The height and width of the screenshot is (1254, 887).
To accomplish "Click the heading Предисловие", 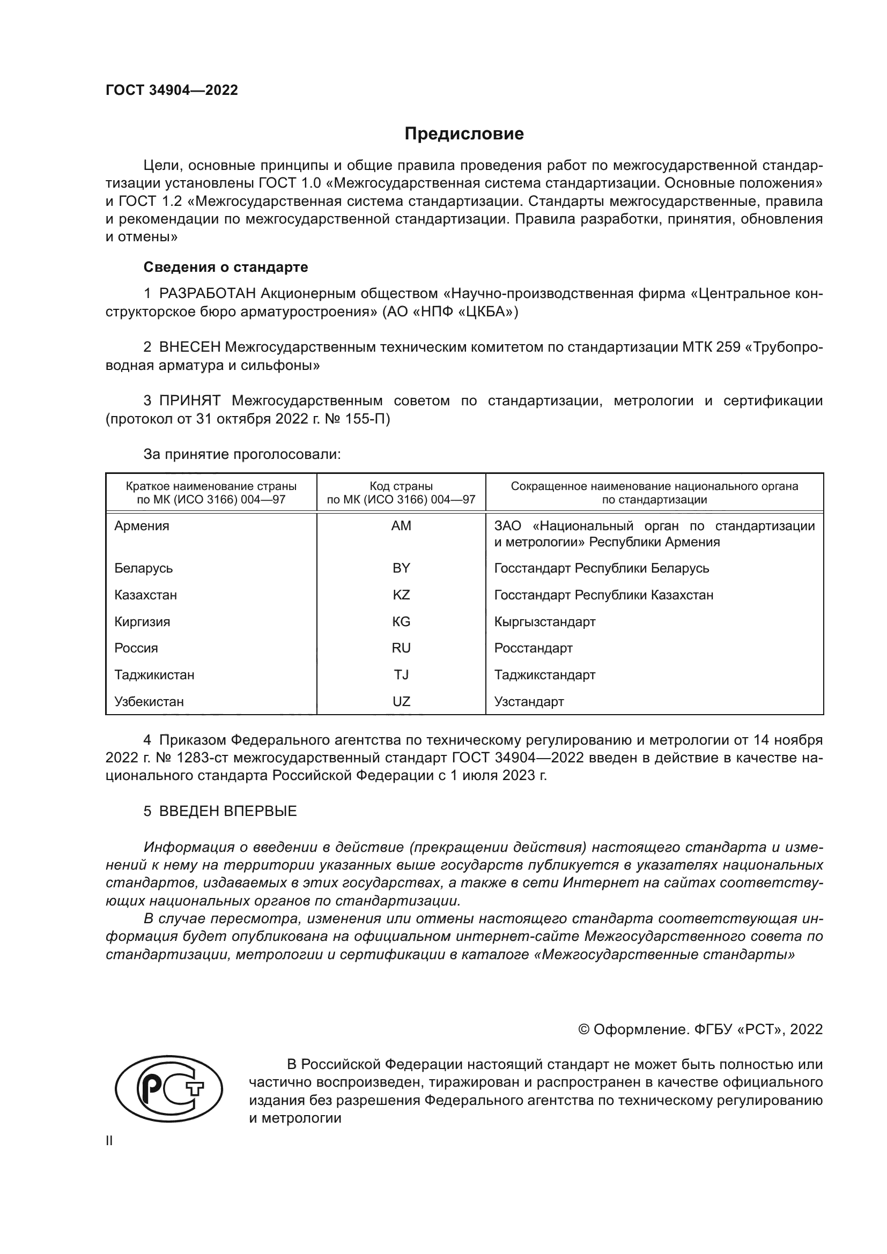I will tap(464, 134).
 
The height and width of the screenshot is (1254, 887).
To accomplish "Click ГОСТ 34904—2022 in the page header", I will tap(172, 90).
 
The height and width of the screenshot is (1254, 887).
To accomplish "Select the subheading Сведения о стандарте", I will tap(226, 267).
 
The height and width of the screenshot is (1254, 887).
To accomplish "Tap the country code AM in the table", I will tap(401, 526).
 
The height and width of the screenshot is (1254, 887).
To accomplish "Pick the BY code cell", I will tap(401, 568).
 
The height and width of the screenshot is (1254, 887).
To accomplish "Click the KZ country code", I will tap(401, 595).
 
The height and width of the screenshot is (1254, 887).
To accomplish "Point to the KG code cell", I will tap(401, 621).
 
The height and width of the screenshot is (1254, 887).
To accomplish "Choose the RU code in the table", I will tap(401, 648).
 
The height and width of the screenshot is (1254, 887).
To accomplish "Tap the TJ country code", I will tap(401, 674).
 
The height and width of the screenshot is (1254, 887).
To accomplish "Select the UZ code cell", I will tap(401, 701).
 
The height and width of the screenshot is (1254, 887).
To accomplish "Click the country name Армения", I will tap(142, 526).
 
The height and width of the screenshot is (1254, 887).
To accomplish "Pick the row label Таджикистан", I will tap(154, 674).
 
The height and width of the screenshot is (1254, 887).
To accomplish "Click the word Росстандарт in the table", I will tap(533, 648).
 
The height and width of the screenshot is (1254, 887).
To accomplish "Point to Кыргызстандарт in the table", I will tap(544, 621).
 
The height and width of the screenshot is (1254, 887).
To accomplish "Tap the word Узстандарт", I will tap(529, 701).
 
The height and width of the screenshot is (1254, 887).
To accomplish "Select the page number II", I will tap(109, 1140).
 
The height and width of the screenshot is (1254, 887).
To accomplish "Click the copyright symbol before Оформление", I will tap(583, 1029).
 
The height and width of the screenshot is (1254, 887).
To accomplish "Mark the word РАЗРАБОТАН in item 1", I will tap(208, 294).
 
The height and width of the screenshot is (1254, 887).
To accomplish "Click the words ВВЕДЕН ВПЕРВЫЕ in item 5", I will tap(228, 811).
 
